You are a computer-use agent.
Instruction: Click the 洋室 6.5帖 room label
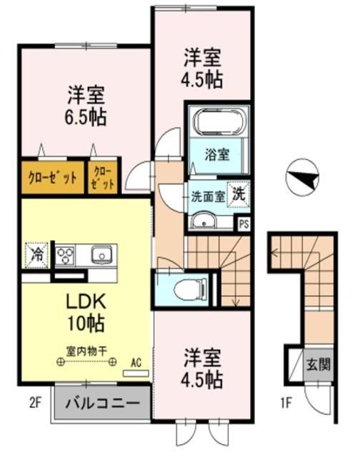tap(87, 106)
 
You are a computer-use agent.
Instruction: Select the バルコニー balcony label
tap(103, 403)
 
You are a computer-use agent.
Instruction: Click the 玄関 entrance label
tap(319, 365)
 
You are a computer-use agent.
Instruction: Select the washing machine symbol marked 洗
tap(240, 193)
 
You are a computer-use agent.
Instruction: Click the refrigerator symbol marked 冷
tap(35, 253)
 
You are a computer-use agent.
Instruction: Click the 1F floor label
tap(285, 403)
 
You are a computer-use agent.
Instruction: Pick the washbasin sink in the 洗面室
tap(206, 221)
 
